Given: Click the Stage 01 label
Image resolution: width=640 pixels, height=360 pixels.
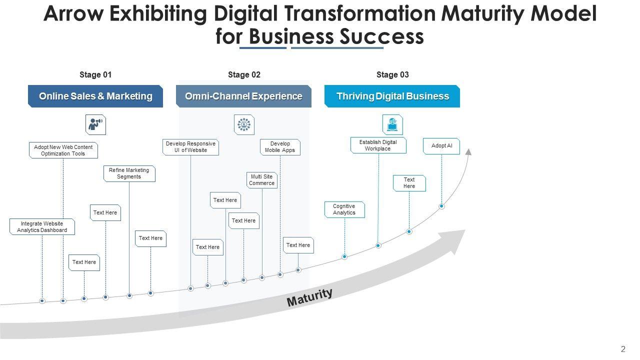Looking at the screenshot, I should coord(95,75).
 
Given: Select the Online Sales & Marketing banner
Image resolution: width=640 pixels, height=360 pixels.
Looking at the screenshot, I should coord(95,96).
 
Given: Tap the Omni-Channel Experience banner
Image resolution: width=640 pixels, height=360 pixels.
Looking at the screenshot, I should coord(243,96).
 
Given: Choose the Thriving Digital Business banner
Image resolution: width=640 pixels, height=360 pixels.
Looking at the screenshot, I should coord(392,96).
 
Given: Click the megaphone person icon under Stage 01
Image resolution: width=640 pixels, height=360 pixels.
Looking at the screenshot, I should coord(95,124).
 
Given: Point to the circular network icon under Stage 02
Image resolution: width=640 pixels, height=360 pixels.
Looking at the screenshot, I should coord(244,124).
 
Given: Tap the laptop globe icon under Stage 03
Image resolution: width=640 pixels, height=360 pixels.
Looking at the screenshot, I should coord(392,124).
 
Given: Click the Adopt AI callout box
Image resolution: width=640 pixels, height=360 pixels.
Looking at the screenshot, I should coord(441,146).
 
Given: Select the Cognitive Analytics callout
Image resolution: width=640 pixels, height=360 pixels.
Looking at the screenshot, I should coord(344,209).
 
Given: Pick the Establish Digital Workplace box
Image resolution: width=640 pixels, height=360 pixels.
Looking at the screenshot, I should coord(378,145).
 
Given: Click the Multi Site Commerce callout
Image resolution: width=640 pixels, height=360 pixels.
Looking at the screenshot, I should coord(262,180).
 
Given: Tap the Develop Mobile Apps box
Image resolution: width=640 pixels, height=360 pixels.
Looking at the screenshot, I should coord(280,147).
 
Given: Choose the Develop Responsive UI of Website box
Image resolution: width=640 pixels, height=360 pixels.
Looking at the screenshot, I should coord(190,147).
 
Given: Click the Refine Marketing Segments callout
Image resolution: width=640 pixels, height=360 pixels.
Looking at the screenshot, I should coord(129,173).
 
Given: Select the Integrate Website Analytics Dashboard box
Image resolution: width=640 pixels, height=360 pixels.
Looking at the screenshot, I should coord(42,227).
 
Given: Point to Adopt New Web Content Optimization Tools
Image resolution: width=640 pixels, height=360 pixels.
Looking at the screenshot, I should coord(63,150).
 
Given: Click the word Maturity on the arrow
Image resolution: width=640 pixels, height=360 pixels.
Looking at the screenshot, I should coord(309,297).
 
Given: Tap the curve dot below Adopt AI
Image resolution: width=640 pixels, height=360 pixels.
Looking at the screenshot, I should coord(441,206).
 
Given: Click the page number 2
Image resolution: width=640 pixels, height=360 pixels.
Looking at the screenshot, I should coord(623,349).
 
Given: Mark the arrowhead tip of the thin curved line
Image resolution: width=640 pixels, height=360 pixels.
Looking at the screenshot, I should coord(469,150).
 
